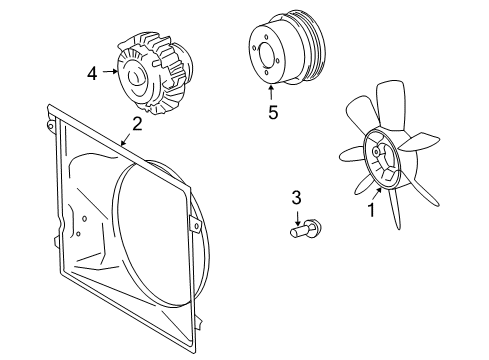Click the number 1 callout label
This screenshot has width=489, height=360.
click(370, 210)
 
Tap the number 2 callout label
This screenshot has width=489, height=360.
click(137, 125)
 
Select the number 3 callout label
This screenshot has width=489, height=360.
click(296, 197)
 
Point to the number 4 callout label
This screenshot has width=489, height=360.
click(92, 73)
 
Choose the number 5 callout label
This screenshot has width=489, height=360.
click(272, 113)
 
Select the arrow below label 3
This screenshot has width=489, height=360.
click(296, 213)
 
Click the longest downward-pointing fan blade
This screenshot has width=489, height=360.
click(397, 222)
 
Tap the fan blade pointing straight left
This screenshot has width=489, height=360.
click(349, 155)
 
